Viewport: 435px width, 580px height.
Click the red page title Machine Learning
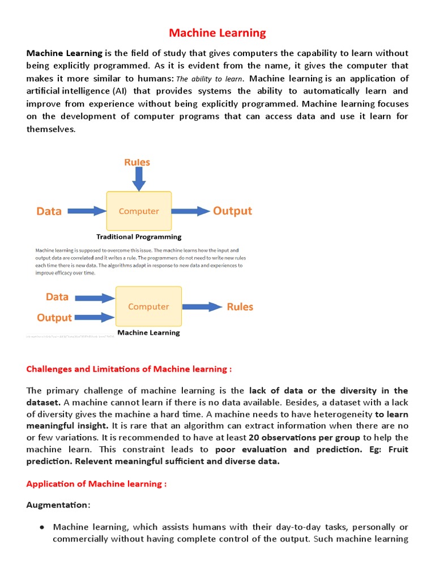pos(217,33)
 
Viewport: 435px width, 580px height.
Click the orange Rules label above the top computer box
pos(138,163)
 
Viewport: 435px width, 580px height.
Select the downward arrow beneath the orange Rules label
pos(138,180)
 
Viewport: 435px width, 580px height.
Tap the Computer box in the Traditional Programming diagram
pos(139,211)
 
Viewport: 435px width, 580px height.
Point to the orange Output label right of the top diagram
pos(232,211)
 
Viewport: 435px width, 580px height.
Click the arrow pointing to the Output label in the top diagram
pos(190,211)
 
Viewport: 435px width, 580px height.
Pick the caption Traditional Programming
pos(139,237)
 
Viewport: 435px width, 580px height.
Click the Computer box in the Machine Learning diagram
pos(148,306)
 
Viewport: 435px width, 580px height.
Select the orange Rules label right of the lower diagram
pos(240,307)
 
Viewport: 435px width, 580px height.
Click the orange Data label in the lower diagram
pos(57,297)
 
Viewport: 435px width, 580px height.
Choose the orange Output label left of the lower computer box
pos(54,318)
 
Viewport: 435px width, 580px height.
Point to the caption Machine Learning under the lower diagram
pos(148,332)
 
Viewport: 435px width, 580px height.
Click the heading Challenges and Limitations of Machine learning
pos(129,369)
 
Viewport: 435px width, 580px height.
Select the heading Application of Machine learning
pos(96,484)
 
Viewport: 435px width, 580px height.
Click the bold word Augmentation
pos(58,504)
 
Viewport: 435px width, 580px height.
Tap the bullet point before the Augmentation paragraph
pos(42,527)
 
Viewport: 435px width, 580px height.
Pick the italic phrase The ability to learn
pos(210,79)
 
